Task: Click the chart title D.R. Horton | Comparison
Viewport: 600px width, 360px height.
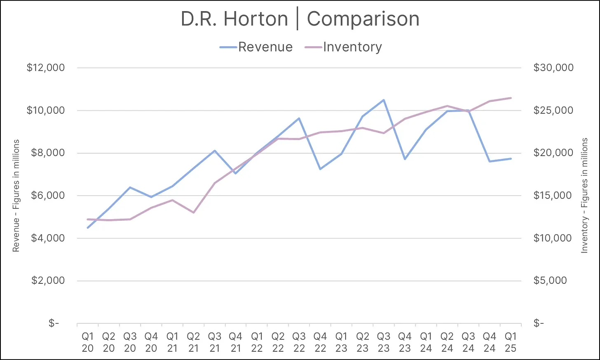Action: (300, 19)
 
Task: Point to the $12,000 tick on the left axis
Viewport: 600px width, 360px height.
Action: (46, 68)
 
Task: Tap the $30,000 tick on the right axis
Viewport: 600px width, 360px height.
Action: (553, 68)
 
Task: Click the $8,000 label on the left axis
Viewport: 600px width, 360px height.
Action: (48, 153)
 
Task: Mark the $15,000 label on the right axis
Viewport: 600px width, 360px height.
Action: (553, 195)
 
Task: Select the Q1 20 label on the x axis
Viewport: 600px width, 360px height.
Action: (87, 342)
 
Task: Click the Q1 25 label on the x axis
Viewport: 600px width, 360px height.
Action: (511, 342)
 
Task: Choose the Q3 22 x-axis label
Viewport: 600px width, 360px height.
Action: (299, 342)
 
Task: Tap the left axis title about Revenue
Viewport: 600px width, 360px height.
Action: (16, 196)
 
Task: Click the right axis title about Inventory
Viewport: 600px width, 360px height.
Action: (584, 196)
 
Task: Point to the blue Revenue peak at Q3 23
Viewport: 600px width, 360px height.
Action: (384, 100)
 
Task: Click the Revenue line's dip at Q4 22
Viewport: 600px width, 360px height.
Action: (320, 169)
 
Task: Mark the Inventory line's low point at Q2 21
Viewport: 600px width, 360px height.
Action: (193, 213)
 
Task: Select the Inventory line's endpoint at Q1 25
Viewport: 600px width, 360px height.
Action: (511, 98)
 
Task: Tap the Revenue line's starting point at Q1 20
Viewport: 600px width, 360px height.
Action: (87, 228)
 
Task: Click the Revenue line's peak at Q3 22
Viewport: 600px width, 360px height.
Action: (299, 118)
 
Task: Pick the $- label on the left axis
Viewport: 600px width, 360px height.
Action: (54, 323)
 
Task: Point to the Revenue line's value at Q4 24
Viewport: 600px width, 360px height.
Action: (490, 161)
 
